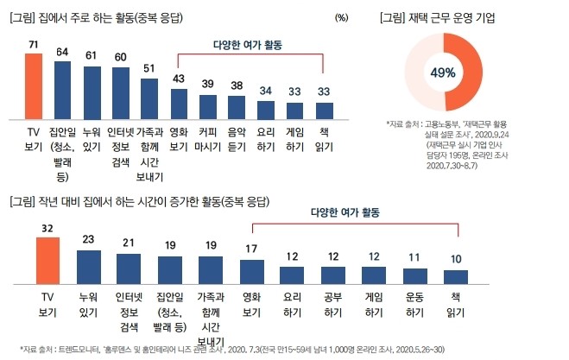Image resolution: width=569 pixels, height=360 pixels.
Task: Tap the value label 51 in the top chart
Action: [149, 70]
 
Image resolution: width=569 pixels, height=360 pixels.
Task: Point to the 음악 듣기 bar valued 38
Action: [237, 106]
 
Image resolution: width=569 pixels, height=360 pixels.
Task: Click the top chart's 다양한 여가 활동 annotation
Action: [250, 44]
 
